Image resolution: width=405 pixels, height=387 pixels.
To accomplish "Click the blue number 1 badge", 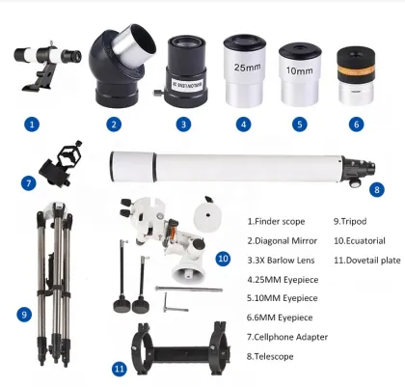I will coord(33,124).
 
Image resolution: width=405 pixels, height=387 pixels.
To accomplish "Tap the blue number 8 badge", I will coord(376,189).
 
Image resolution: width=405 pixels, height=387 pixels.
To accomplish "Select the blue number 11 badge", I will coord(119,368).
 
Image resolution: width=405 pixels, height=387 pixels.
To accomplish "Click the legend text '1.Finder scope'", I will coord(279,220).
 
